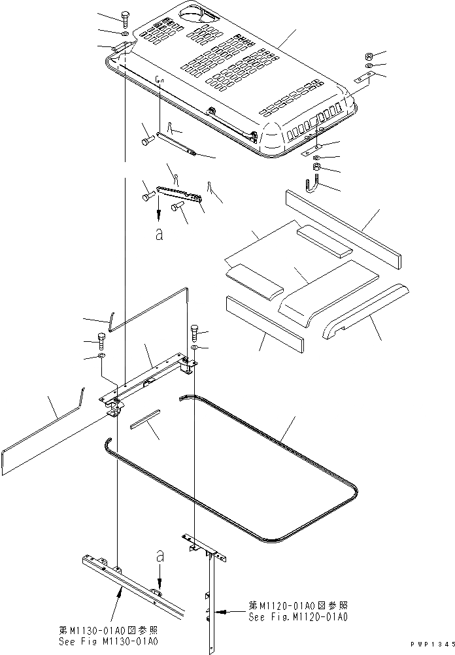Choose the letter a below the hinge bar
[159, 235]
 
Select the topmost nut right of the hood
[369, 55]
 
